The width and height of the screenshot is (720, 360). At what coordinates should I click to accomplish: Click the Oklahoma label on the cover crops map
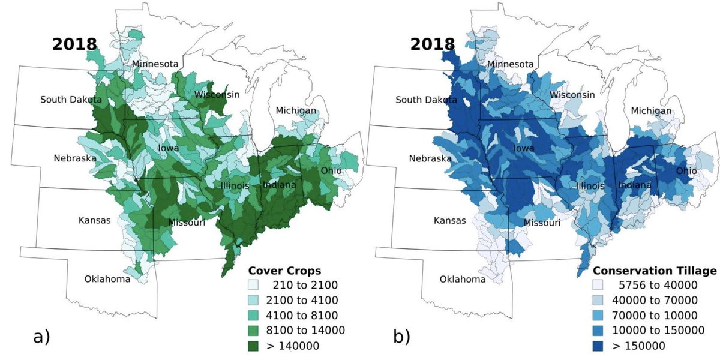click(107, 278)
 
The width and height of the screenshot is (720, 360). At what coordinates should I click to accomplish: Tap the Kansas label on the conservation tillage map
click(449, 220)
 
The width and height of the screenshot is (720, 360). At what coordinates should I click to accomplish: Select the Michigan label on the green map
click(296, 110)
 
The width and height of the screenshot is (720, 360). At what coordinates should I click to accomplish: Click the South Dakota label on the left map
click(71, 99)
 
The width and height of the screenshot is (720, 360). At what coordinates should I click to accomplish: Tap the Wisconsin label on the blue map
click(572, 95)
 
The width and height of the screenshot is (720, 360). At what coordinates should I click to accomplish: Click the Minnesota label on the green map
click(155, 64)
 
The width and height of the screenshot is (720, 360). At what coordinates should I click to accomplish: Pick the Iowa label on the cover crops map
click(168, 148)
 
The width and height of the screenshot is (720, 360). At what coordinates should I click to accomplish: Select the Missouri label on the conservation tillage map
click(542, 223)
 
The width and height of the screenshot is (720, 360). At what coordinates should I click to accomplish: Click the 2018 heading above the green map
click(75, 44)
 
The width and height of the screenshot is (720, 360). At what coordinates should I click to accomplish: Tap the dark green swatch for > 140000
click(256, 345)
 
